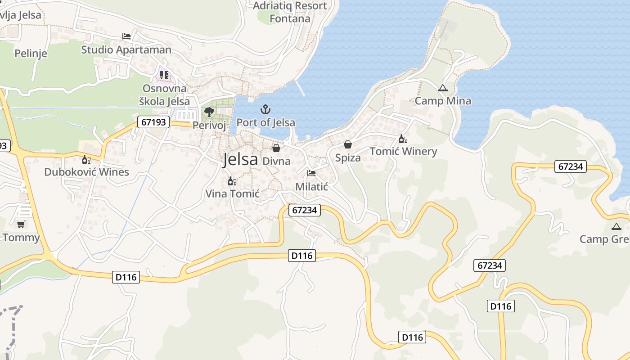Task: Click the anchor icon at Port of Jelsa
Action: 265,109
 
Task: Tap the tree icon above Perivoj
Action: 209,112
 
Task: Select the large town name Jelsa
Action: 240,159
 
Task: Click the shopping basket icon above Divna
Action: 276,148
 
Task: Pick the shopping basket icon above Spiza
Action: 348,144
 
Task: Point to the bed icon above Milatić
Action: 311,173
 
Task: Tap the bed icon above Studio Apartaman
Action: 126,36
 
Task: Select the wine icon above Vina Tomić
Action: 232,181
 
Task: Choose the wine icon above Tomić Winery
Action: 403,139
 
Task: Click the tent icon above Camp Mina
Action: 443,88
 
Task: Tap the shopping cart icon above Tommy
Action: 21,224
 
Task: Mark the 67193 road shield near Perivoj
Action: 153,122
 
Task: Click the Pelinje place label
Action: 31,54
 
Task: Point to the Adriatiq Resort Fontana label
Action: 290,12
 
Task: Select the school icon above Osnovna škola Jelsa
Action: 164,75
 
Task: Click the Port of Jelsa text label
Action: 266,122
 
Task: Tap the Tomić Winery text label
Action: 403,151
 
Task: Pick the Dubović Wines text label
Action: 86,171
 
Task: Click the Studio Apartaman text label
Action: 126,49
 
